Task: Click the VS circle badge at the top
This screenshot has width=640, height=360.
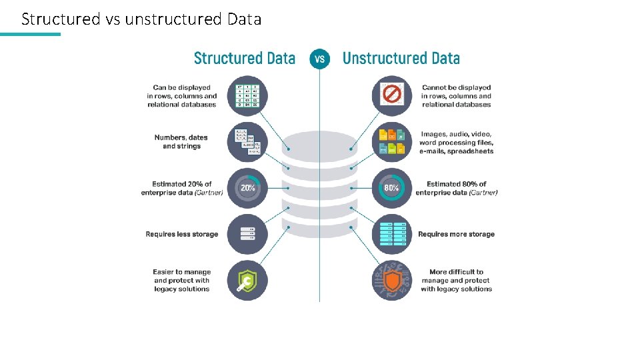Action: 319,59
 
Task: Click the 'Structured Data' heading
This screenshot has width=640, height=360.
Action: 244,59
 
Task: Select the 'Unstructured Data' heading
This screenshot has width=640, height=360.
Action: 401,59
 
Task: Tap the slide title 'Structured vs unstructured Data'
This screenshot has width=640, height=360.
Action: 141,19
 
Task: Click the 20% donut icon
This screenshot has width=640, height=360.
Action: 247,188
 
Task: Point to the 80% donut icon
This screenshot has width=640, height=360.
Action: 391,188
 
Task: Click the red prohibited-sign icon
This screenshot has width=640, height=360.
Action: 391,96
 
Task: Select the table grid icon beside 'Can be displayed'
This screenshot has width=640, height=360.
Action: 247,96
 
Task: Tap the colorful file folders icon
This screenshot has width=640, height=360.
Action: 391,142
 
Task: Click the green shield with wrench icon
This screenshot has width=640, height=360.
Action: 247,280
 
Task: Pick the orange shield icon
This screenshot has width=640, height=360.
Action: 391,280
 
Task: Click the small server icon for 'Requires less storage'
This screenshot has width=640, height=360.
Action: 247,234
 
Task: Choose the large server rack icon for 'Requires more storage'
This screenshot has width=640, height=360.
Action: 391,234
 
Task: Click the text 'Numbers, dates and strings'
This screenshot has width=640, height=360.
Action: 181,142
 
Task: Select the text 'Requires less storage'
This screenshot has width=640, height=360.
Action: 182,234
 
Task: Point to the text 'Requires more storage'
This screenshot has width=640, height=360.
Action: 456,234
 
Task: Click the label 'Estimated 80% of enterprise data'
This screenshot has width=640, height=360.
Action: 457,188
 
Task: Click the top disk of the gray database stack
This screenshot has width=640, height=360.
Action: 319,146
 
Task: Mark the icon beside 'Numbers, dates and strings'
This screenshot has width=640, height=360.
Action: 247,142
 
